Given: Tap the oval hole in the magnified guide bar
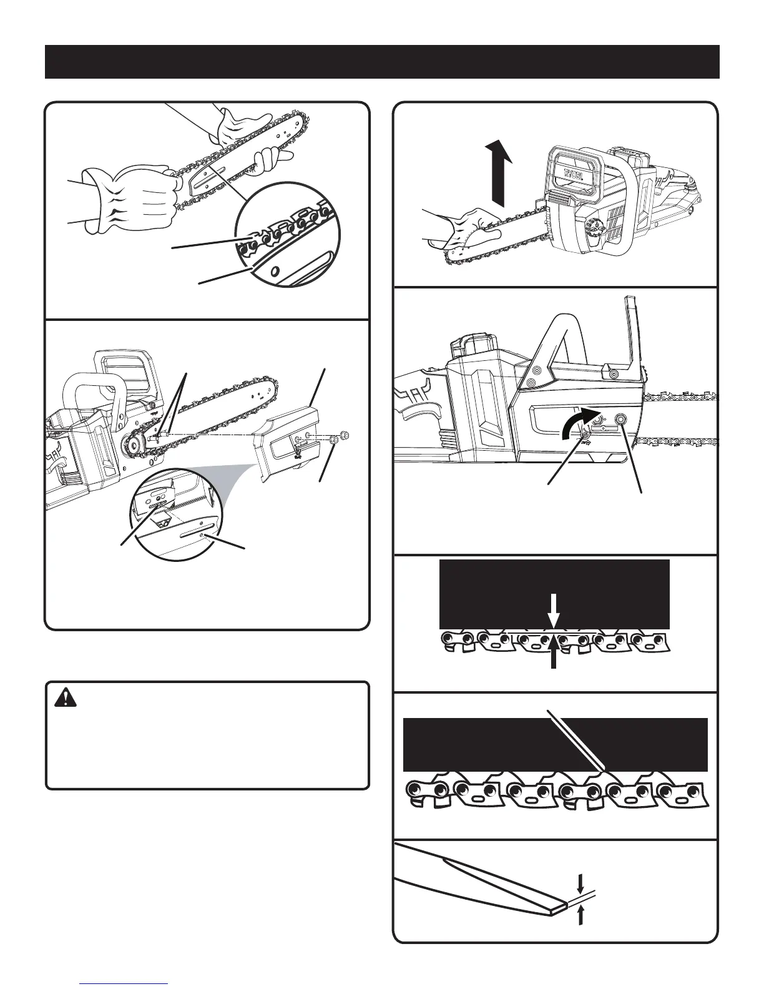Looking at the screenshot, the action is [x=274, y=272].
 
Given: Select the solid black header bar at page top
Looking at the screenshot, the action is [x=382, y=62].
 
